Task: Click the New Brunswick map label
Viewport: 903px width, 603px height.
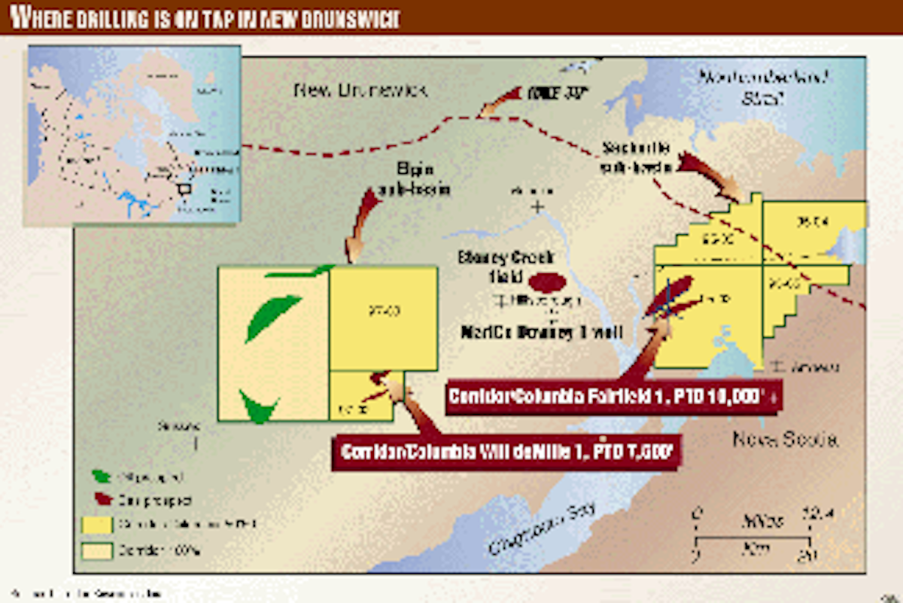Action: point(360,90)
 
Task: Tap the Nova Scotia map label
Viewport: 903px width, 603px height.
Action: point(785,440)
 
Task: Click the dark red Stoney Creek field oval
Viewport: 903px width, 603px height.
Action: point(547,283)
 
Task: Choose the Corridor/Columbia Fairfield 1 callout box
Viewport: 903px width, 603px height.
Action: point(613,396)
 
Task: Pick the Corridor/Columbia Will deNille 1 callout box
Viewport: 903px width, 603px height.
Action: point(506,452)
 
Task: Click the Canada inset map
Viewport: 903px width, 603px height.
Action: point(133,133)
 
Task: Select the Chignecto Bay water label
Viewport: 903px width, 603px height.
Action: point(543,528)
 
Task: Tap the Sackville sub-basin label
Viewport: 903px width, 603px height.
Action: point(636,157)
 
